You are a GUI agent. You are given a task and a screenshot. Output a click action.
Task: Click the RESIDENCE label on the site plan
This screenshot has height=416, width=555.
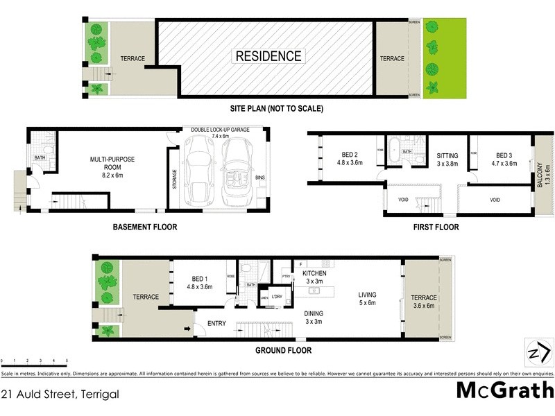coord(268,56)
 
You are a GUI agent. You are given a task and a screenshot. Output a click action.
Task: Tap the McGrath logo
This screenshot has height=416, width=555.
coord(504,390)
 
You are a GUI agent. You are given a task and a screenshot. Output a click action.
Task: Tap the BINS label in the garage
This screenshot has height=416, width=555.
coord(259,178)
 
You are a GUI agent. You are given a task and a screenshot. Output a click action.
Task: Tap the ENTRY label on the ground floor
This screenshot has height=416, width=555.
coord(216,323)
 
